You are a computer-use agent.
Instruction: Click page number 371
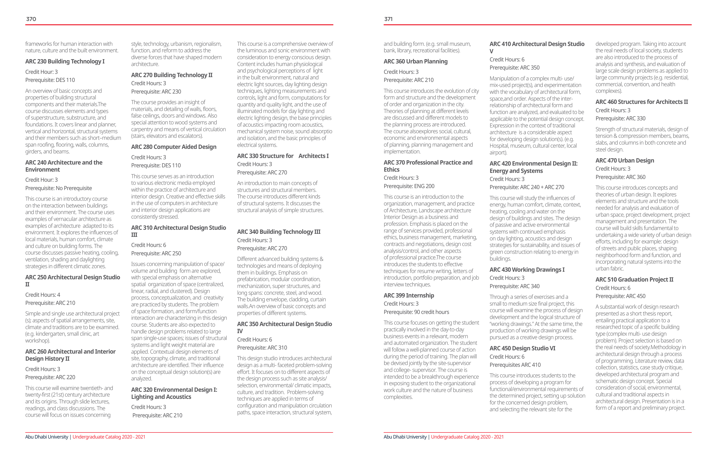pyautogui.click(x=388, y=19)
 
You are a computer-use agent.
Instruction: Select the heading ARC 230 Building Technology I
pyautogui.click(x=65, y=61)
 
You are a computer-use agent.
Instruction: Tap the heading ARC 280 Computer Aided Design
pyautogui.click(x=173, y=147)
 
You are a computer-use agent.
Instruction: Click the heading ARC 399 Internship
pyautogui.click(x=409, y=295)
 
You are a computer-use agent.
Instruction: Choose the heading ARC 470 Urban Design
pyautogui.click(x=625, y=161)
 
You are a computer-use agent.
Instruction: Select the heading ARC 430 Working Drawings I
pyautogui.click(x=527, y=270)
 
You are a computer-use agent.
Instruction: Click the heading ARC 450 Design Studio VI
pyautogui.click(x=522, y=348)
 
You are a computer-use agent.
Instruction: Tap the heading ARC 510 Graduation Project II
pyautogui.click(x=634, y=280)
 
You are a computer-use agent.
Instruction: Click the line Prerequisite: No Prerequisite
pyautogui.click(x=59, y=188)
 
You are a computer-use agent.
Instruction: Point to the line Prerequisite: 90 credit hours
pyautogui.click(x=416, y=312)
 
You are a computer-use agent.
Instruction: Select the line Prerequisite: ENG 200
pyautogui.click(x=409, y=186)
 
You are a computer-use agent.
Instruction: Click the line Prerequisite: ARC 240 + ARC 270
pyautogui.click(x=527, y=187)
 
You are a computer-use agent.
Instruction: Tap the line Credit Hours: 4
pyautogui.click(x=42, y=295)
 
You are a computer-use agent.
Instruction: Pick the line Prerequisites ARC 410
pyautogui.click(x=515, y=365)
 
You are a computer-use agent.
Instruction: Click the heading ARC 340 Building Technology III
pyautogui.click(x=279, y=232)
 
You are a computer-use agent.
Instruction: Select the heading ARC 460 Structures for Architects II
pyautogui.click(x=642, y=102)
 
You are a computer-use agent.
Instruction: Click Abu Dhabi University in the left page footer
pyautogui.click(x=47, y=437)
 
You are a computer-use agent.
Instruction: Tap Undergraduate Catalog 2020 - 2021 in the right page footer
pyautogui.click(x=467, y=437)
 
